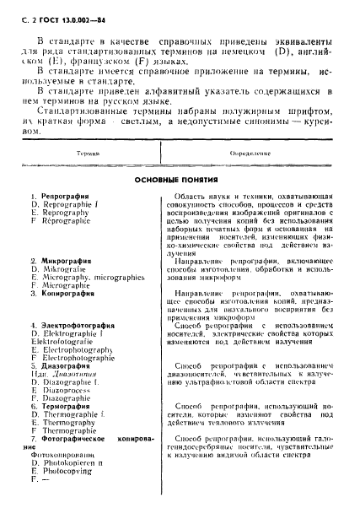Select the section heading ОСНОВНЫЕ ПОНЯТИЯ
[x=179, y=180]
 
